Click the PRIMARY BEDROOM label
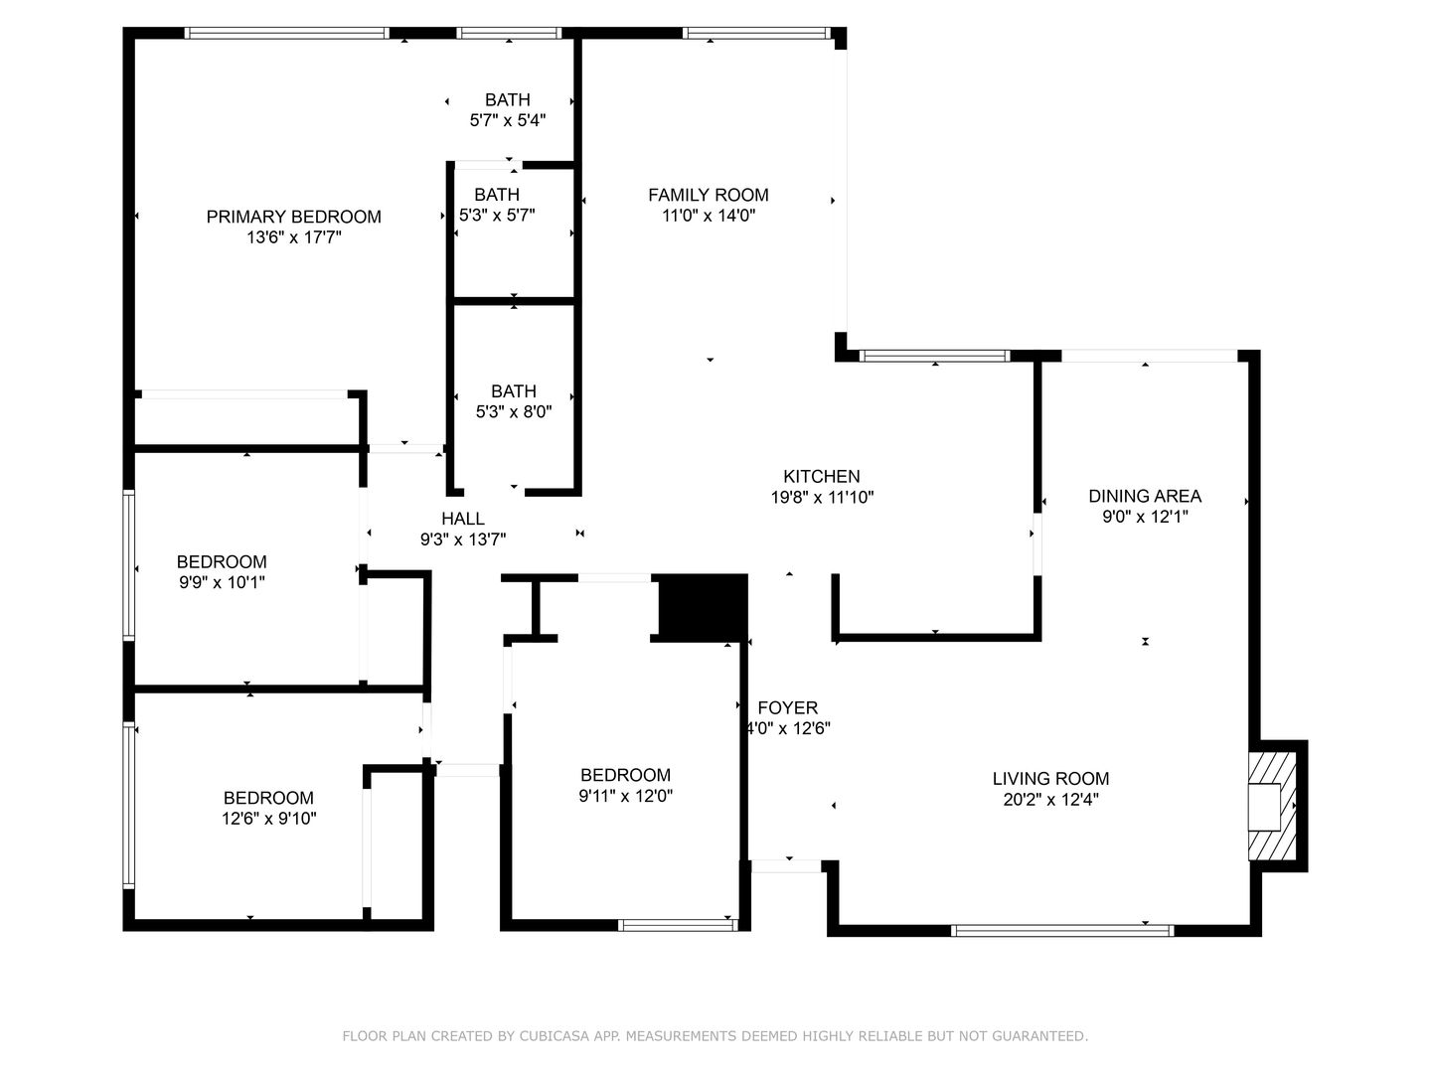click(293, 217)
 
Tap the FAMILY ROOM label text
click(708, 195)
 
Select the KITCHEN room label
click(822, 476)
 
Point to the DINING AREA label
click(1145, 496)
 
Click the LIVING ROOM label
click(1050, 779)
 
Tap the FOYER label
click(787, 707)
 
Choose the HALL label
click(463, 519)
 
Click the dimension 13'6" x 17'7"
click(293, 237)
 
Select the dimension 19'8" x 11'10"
click(822, 497)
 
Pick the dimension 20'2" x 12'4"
click(1050, 800)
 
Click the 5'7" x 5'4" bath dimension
click(507, 120)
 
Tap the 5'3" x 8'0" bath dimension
click(514, 411)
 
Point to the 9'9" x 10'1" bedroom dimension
click(222, 582)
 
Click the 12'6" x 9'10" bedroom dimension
click(268, 819)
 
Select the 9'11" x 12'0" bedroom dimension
click(625, 796)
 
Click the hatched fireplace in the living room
click(1270, 806)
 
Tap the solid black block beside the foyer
click(703, 606)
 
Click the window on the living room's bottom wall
click(1062, 931)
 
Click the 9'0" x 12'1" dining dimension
click(1145, 517)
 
